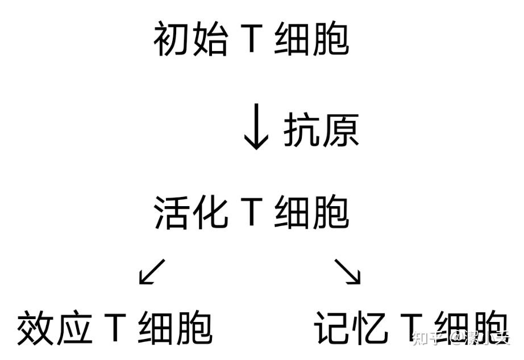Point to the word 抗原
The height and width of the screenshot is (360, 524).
(321, 130)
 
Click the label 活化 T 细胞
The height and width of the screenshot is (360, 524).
(251, 212)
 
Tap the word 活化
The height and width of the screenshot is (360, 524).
(190, 212)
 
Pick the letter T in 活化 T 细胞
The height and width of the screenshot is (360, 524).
(251, 212)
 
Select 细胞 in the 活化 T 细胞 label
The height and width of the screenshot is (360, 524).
(311, 212)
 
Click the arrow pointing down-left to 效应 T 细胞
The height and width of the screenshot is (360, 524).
(152, 271)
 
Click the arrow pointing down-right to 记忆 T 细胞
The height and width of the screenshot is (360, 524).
(347, 271)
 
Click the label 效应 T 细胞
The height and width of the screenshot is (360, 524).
(114, 328)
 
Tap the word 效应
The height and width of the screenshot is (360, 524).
(54, 328)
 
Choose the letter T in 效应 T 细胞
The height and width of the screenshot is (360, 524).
(114, 328)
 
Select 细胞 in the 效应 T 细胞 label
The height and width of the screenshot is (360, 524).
(175, 328)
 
